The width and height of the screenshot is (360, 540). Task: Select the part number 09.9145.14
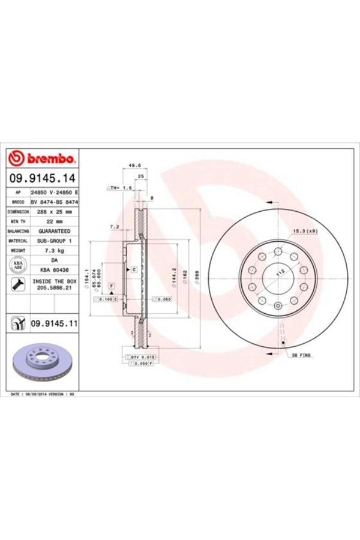pyautogui.click(x=42, y=178)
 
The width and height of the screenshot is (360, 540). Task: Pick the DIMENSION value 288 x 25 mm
pyautogui.click(x=54, y=212)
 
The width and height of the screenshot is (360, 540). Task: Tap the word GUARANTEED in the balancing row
pyautogui.click(x=54, y=230)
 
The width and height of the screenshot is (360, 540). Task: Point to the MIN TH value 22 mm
pyautogui.click(x=54, y=221)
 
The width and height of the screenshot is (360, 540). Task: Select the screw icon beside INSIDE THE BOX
pyautogui.click(x=17, y=284)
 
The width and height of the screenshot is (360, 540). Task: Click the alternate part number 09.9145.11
pyautogui.click(x=55, y=323)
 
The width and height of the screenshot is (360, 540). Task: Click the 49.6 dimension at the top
pyautogui.click(x=134, y=165)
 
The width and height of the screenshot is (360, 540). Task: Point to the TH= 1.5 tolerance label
pyautogui.click(x=120, y=188)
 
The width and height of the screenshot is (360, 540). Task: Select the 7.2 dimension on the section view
pyautogui.click(x=114, y=227)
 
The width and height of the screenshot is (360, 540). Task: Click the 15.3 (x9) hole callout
pyautogui.click(x=305, y=231)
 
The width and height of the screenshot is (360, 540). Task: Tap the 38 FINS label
pyautogui.click(x=301, y=355)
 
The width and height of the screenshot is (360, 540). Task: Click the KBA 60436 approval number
pyautogui.click(x=54, y=271)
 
